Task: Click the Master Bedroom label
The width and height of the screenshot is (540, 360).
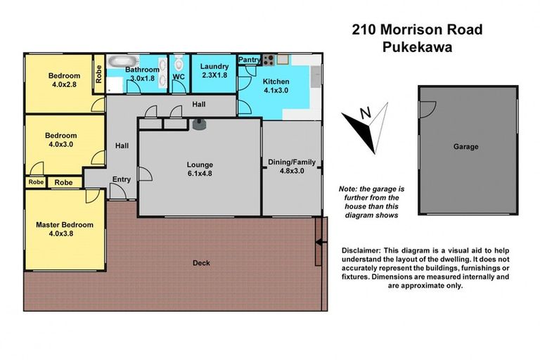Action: [x=65, y=229]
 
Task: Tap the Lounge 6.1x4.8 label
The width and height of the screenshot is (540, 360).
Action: [x=200, y=169]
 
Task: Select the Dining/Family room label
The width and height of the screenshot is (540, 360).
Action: [x=292, y=166]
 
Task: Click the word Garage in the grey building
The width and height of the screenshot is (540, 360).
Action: [x=465, y=147]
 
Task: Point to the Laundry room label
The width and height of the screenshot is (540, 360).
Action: [x=214, y=71]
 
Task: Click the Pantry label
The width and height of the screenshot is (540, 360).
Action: [x=249, y=60]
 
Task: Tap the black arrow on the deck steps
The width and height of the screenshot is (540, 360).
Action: [x=320, y=243]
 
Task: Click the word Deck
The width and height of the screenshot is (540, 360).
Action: [x=201, y=264]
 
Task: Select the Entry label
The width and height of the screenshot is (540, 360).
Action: [x=121, y=179]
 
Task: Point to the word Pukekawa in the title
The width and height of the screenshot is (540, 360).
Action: [x=417, y=49]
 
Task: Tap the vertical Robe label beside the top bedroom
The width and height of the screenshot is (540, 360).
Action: [x=99, y=74]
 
